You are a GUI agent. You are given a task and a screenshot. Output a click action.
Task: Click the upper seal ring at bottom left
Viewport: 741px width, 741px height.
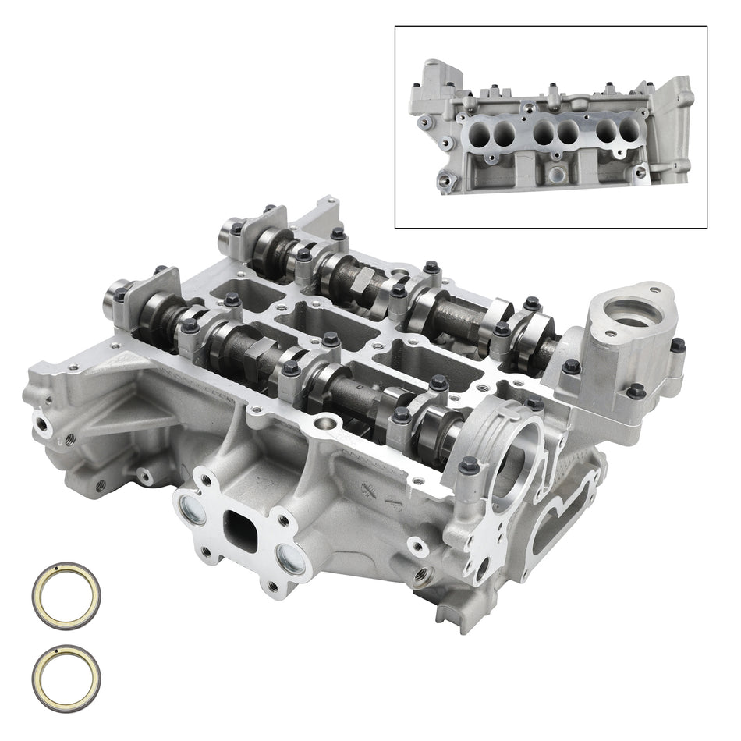point(67,594)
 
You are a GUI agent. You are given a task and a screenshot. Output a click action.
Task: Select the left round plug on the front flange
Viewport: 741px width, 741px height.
point(193,512)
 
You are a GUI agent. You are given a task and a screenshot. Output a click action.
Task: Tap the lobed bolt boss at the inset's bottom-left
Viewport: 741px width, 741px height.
point(445,181)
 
